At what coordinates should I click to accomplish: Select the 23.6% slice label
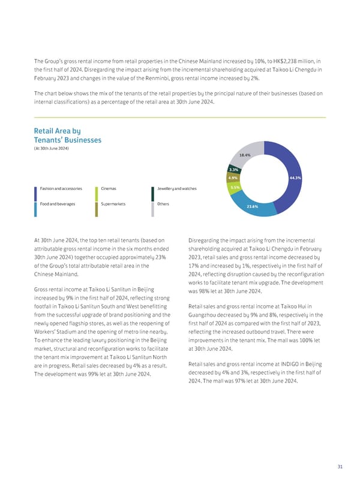tap(252, 207)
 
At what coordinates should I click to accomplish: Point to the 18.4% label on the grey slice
tap(245, 155)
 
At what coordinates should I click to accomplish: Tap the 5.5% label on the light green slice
tap(235, 188)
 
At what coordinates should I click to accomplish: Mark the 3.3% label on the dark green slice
tap(234, 170)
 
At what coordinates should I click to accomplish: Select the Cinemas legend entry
tap(109, 189)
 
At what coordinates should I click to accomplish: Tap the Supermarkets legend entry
tap(113, 204)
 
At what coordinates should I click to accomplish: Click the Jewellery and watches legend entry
tap(176, 189)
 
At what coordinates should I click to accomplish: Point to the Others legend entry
tap(163, 204)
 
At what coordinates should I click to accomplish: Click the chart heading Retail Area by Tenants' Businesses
tap(67, 135)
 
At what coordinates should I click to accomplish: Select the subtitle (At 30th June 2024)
tap(52, 149)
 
